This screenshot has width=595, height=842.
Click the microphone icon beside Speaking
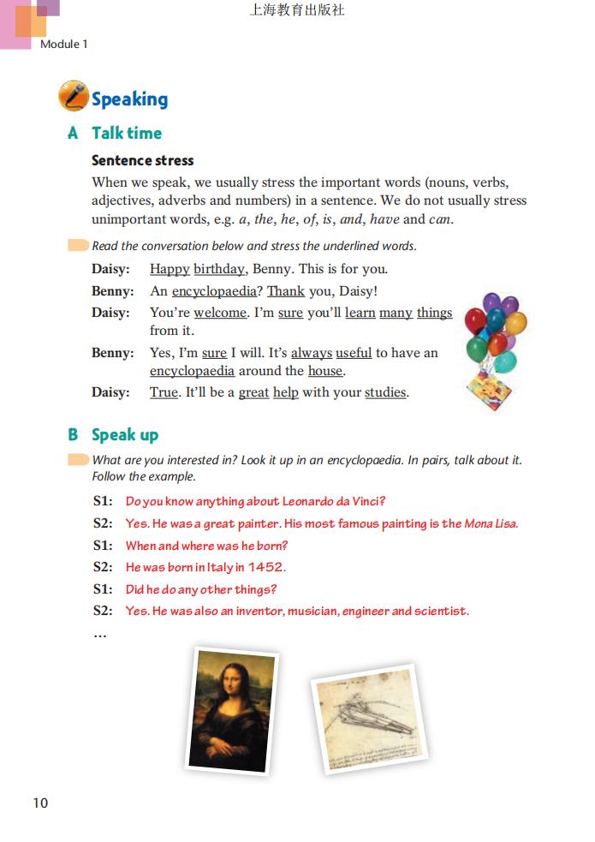pyautogui.click(x=74, y=97)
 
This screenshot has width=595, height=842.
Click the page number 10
pyautogui.click(x=40, y=803)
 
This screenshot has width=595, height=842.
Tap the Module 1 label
pyautogui.click(x=64, y=44)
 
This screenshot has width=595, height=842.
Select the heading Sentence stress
pyautogui.click(x=142, y=160)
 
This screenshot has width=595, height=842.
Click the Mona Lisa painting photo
pyautogui.click(x=231, y=710)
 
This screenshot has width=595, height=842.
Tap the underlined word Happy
pyautogui.click(x=170, y=269)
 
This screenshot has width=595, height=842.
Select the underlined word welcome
pyautogui.click(x=220, y=313)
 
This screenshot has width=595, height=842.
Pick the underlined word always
pyautogui.click(x=311, y=353)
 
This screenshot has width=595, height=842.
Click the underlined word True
pyautogui.click(x=164, y=393)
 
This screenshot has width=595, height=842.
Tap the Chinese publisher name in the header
pyautogui.click(x=296, y=10)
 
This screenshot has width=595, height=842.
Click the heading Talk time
pyautogui.click(x=127, y=133)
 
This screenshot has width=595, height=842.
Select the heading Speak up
pyautogui.click(x=125, y=434)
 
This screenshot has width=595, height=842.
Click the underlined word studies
pyautogui.click(x=385, y=393)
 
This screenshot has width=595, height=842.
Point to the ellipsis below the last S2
pyautogui.click(x=99, y=635)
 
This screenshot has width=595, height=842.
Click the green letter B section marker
pyautogui.click(x=73, y=434)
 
